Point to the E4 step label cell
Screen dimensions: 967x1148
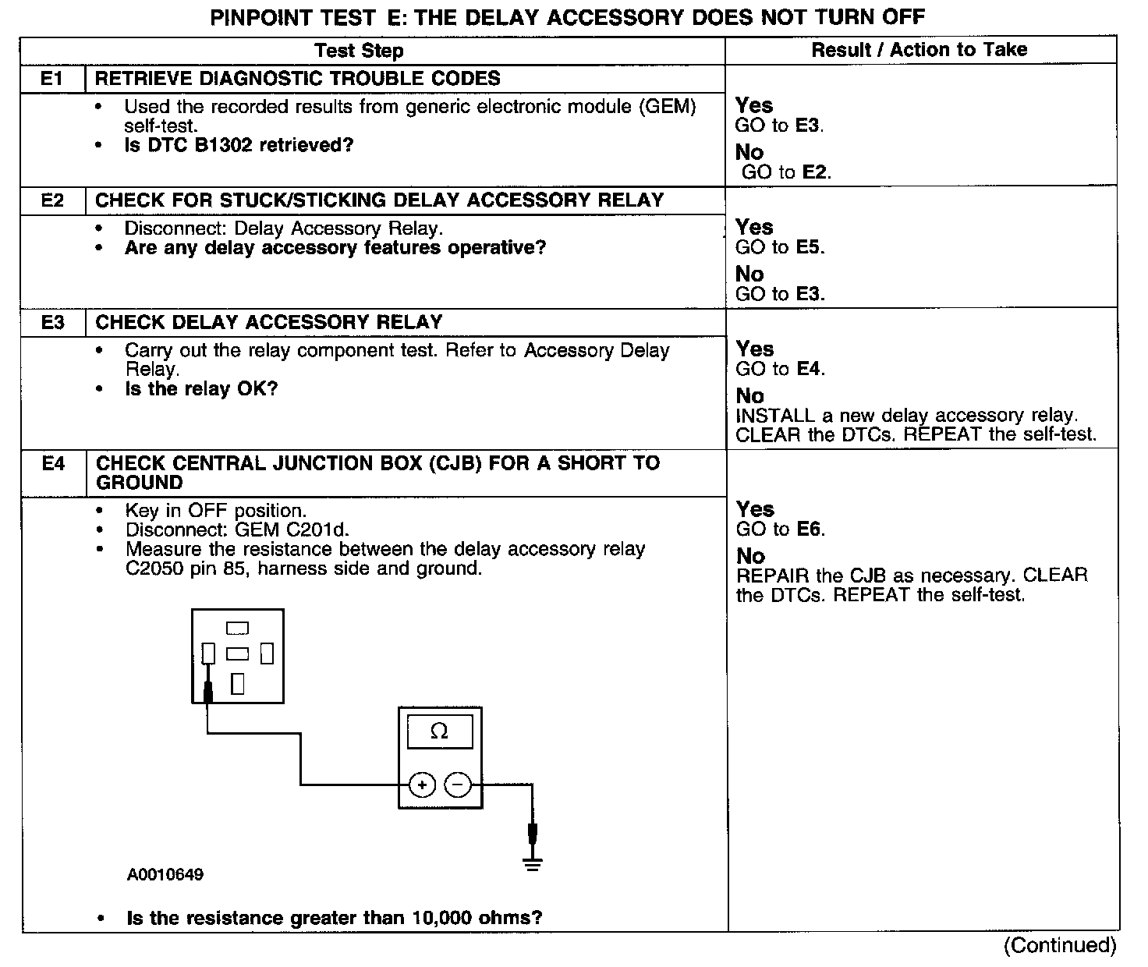tap(53, 464)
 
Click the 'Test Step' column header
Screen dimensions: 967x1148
tap(359, 51)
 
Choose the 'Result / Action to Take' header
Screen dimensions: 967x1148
tap(919, 50)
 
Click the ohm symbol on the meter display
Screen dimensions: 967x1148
tap(439, 731)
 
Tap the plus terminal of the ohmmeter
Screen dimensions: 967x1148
tap(422, 785)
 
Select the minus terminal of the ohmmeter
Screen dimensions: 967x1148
tap(459, 785)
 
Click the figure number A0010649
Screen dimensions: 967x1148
tap(165, 875)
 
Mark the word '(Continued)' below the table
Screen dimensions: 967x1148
tap(1061, 945)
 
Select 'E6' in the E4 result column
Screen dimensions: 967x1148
tap(809, 530)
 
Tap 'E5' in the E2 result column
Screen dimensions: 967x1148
tap(809, 247)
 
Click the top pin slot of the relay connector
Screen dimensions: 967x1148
tap(237, 628)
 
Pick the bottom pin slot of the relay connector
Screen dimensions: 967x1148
tap(238, 684)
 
